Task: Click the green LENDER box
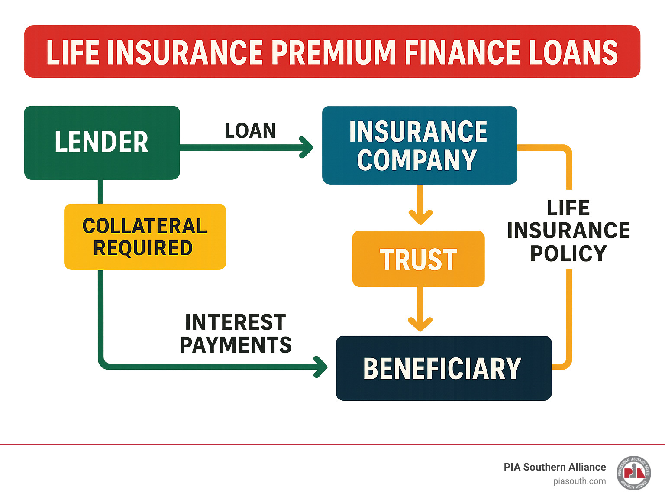point(102,142)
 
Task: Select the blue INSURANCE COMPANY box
point(419,145)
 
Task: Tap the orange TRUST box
point(418,259)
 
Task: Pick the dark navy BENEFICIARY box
point(443,368)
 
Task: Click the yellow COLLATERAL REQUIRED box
point(145,237)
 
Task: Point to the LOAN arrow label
point(250,131)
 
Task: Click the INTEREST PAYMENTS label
point(236,334)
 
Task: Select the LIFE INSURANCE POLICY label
point(568,231)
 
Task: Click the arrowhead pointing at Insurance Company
point(307,147)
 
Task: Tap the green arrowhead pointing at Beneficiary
point(321,367)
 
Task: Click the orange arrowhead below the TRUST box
point(420,324)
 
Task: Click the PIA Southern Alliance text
point(555,467)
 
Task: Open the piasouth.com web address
point(579,481)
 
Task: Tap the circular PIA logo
point(633,473)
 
